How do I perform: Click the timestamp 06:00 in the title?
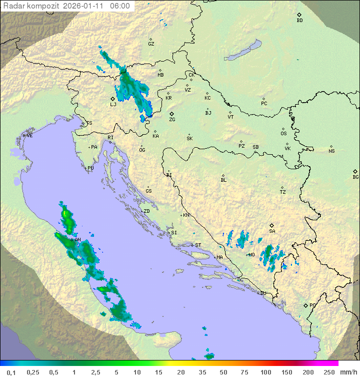[120, 6]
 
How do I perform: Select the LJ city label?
[113, 105]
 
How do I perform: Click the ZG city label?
[172, 120]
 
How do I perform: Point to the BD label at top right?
[299, 21]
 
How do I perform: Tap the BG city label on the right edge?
[355, 177]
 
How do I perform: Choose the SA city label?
[272, 231]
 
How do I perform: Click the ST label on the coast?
[198, 245]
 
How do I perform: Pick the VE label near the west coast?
[29, 136]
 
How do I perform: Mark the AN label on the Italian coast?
[77, 240]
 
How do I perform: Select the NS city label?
[331, 151]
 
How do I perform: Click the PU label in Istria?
[90, 168]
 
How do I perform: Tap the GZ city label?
[151, 44]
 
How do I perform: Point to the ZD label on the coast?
[146, 211]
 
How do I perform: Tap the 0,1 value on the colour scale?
[11, 372]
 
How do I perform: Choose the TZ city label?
[283, 192]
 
